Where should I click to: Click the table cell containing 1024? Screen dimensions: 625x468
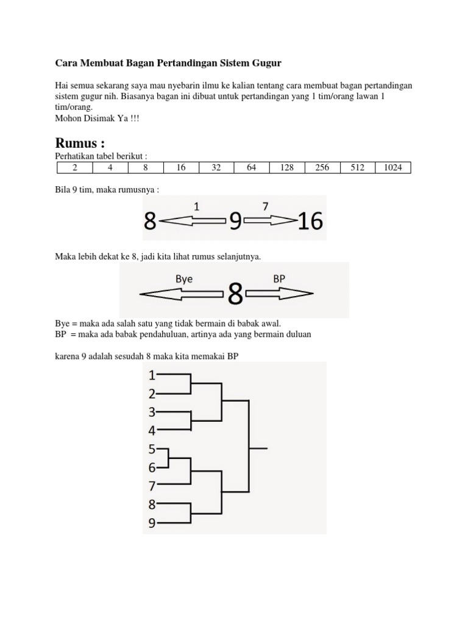392,167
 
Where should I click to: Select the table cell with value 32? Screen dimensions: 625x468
216,167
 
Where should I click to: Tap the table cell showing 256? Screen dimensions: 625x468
322,167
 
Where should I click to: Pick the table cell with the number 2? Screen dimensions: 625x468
74,167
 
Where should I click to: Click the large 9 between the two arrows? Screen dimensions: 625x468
235,222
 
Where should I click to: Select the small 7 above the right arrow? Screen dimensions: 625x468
266,207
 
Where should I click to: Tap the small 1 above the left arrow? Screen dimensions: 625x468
196,207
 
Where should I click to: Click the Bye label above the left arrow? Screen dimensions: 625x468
184,278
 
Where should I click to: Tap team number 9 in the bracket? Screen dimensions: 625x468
152,522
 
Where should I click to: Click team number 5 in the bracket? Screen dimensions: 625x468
152,449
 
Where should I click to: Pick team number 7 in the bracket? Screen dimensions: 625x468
152,486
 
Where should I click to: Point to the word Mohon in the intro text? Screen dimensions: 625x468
69,119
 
